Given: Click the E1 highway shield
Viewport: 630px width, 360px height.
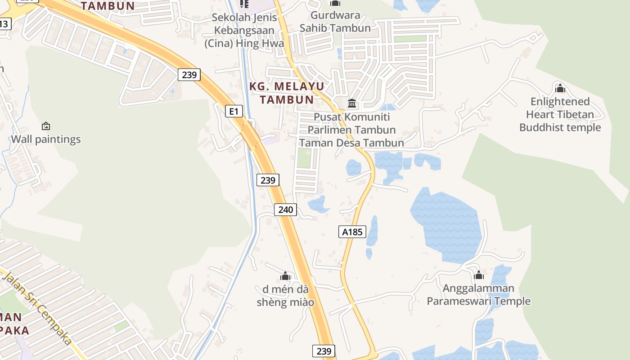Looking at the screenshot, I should click(x=233, y=111).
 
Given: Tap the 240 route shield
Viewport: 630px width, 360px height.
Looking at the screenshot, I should click(x=285, y=209).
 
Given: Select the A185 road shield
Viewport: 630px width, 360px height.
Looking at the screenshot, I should click(x=352, y=232).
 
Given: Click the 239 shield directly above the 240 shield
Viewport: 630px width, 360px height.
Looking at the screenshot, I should click(x=268, y=180).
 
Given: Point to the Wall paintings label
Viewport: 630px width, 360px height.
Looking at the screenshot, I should click(x=46, y=139).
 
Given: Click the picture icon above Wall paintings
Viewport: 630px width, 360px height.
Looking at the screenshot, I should click(x=45, y=126).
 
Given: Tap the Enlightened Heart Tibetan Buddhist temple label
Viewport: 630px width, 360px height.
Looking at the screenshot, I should click(x=560, y=114).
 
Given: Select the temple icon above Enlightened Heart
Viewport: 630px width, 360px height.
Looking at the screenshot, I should click(x=560, y=88).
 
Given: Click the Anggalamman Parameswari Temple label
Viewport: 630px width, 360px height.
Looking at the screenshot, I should click(x=479, y=295).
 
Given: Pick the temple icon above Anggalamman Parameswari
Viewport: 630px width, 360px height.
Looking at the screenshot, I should click(x=479, y=274).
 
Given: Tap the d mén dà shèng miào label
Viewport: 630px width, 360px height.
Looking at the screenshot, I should click(x=285, y=295).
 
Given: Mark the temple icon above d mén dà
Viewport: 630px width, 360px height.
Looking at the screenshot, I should click(x=285, y=276).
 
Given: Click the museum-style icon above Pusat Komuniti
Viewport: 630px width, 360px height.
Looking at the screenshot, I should click(x=352, y=104).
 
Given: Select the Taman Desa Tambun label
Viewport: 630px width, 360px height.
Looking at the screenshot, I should click(x=352, y=143).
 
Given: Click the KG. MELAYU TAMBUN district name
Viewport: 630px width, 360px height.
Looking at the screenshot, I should click(x=286, y=93).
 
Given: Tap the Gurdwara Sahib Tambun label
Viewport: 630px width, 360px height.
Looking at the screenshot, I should click(x=335, y=22).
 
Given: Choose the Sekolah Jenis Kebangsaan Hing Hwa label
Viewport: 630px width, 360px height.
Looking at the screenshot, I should click(x=244, y=31).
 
